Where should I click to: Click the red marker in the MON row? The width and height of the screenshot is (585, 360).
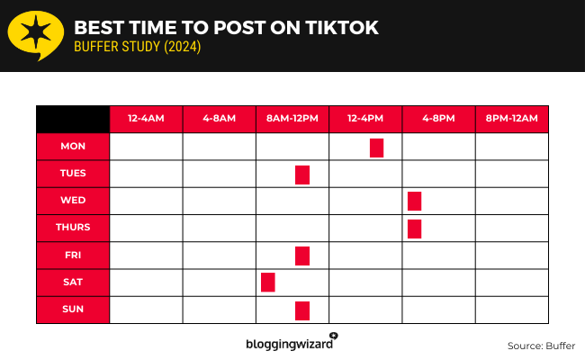pyautogui.click(x=376, y=148)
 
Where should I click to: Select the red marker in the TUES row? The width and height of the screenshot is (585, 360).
pyautogui.click(x=302, y=175)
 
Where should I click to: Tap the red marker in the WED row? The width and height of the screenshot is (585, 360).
pyautogui.click(x=414, y=202)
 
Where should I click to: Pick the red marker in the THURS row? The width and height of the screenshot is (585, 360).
pyautogui.click(x=414, y=229)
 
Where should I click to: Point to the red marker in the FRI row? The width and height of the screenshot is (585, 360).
pyautogui.click(x=302, y=256)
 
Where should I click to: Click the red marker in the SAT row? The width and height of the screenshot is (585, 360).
pyautogui.click(x=267, y=283)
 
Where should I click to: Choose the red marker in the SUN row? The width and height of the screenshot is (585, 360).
pyautogui.click(x=302, y=310)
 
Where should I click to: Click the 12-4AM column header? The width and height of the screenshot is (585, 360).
pyautogui.click(x=146, y=119)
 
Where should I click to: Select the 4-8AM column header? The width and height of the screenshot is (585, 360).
pyautogui.click(x=219, y=119)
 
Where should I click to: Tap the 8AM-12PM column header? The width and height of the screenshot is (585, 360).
pyautogui.click(x=292, y=119)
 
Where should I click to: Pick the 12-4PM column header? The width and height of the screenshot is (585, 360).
pyautogui.click(x=365, y=119)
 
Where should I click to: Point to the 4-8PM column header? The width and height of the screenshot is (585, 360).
pyautogui.click(x=438, y=119)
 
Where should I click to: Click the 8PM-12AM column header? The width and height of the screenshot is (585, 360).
pyautogui.click(x=511, y=119)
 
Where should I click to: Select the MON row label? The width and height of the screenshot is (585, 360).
pyautogui.click(x=73, y=147)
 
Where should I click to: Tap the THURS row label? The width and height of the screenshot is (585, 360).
pyautogui.click(x=73, y=228)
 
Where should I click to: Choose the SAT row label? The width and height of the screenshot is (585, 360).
pyautogui.click(x=73, y=283)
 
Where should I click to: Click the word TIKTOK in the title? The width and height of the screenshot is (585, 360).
pyautogui.click(x=335, y=28)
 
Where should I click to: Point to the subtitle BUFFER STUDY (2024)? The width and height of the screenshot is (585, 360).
pyautogui.click(x=138, y=48)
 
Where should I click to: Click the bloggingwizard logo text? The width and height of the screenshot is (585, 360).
pyautogui.click(x=289, y=344)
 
